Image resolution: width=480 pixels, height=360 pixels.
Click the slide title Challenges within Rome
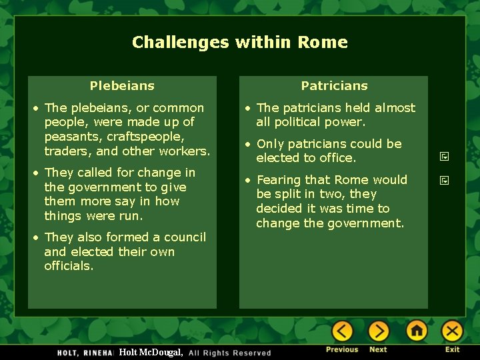click(x=240, y=43)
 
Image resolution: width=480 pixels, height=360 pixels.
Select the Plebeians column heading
click(x=122, y=86)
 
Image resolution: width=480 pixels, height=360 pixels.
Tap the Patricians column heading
click(x=334, y=86)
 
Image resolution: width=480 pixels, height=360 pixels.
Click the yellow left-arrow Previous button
click(x=342, y=331)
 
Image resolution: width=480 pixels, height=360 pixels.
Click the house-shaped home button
click(x=417, y=331)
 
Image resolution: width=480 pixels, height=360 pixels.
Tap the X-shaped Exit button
click(x=452, y=331)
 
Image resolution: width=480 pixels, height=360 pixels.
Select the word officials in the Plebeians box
click(x=69, y=266)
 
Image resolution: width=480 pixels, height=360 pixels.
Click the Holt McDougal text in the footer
click(x=151, y=352)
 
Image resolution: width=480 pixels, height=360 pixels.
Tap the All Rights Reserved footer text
click(x=230, y=353)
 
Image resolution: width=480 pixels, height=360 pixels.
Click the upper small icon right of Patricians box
click(x=444, y=157)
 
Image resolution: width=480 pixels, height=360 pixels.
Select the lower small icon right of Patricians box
click(x=444, y=180)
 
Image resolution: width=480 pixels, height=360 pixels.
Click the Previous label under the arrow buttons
click(x=342, y=349)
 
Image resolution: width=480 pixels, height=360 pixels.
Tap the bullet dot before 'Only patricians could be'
click(x=247, y=144)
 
